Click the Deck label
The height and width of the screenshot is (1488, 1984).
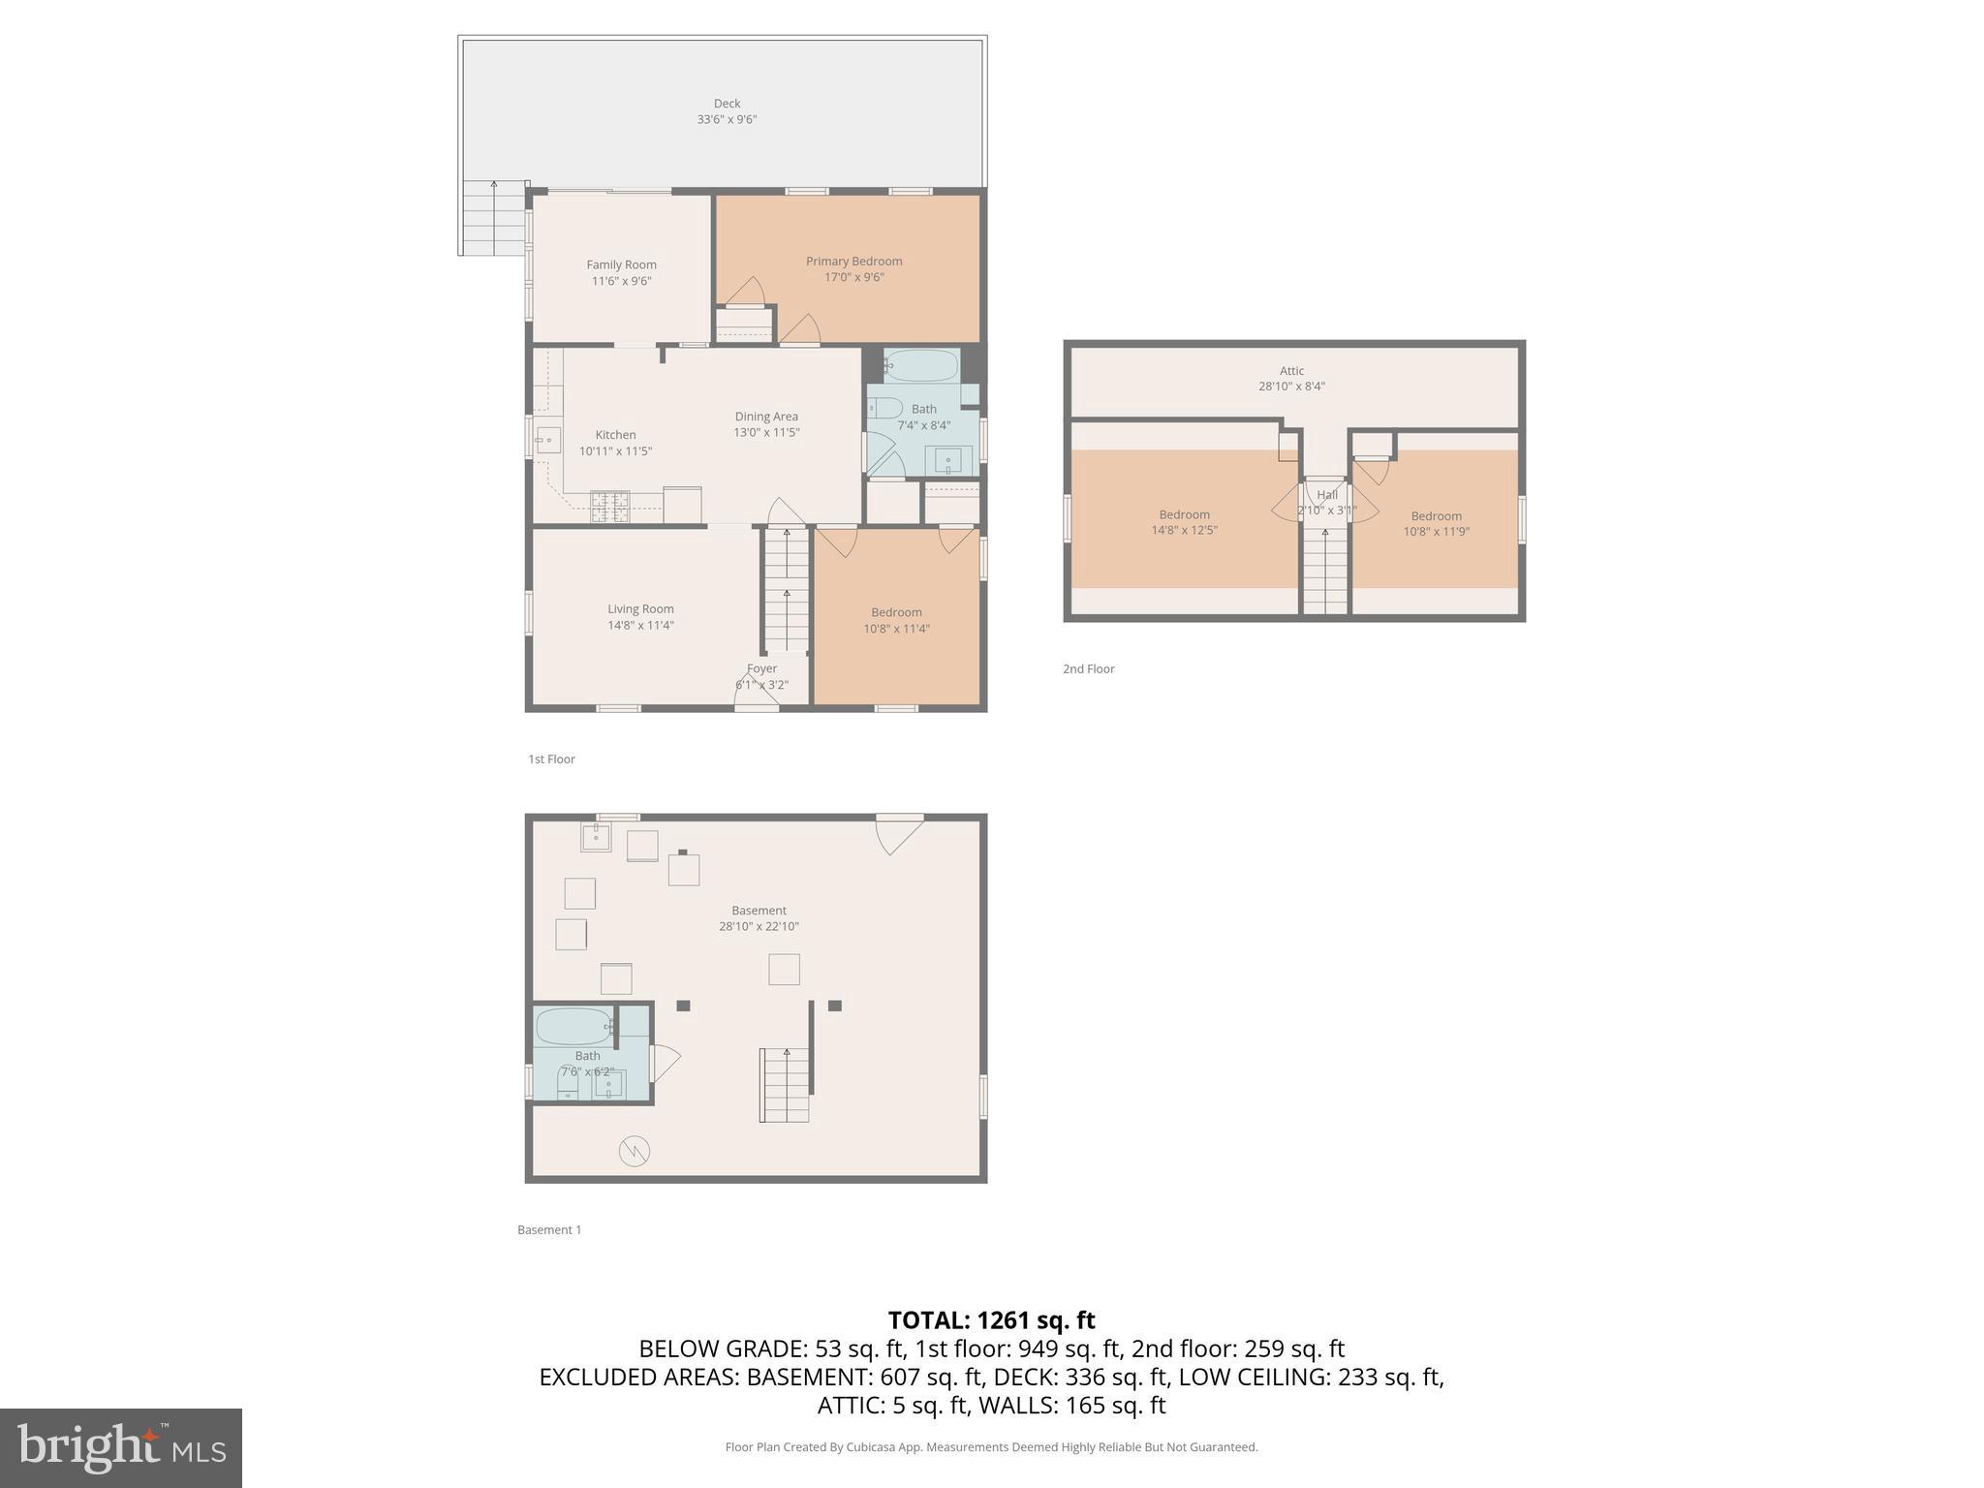[x=727, y=104]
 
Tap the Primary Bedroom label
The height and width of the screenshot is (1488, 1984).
[x=853, y=262]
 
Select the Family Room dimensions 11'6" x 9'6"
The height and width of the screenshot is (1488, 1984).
[x=621, y=281]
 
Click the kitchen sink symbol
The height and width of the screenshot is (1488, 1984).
[x=548, y=440]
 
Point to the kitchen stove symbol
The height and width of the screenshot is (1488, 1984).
[x=610, y=506]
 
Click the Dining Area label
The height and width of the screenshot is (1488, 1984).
[x=765, y=417]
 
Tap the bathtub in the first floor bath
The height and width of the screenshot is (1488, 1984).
[x=921, y=366]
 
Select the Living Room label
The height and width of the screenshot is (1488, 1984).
[x=640, y=609]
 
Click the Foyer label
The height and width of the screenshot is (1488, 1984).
[x=761, y=668]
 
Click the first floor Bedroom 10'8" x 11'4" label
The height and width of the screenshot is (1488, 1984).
[x=896, y=612]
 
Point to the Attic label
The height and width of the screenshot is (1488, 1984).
[x=1291, y=371]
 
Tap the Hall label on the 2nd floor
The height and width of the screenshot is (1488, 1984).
[x=1326, y=495]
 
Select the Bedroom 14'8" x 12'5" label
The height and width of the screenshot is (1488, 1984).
[x=1184, y=515]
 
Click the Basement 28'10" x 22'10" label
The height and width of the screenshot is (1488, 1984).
[x=759, y=911]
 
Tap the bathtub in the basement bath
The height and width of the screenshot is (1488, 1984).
[x=574, y=1026]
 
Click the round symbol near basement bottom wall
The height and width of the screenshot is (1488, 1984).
[x=634, y=1151]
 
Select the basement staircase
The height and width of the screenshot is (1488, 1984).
[x=784, y=1084]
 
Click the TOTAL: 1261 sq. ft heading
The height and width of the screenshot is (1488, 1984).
[x=991, y=1320]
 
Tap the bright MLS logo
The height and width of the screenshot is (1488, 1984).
[x=121, y=1447]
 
